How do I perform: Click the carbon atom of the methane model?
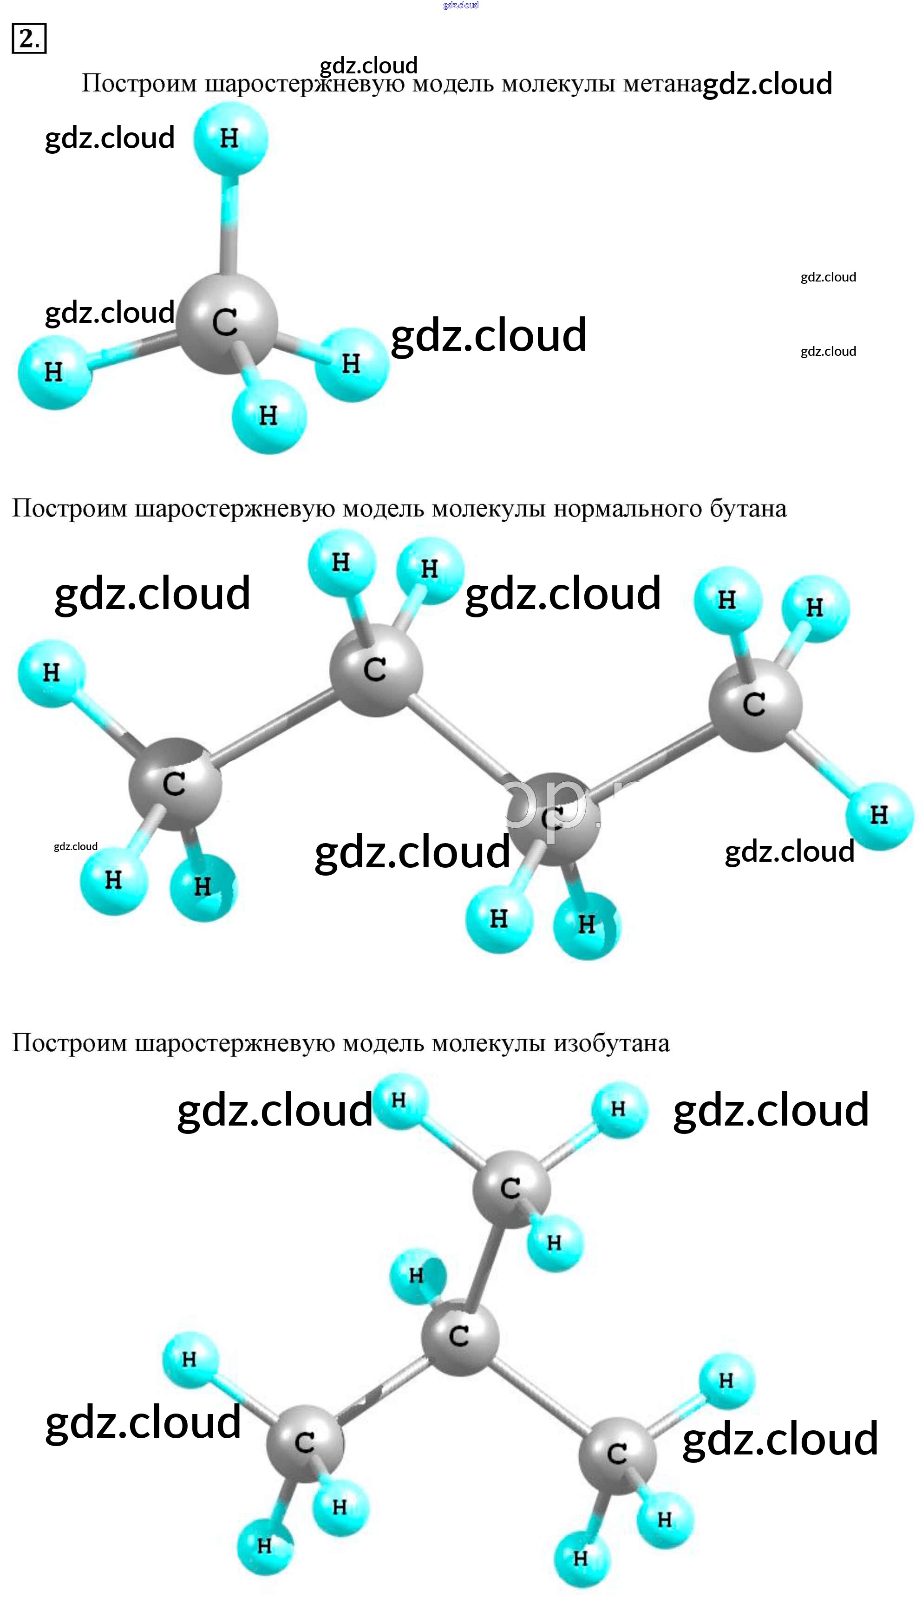coord(226,323)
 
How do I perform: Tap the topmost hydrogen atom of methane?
coord(230,138)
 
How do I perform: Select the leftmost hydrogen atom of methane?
coord(54,372)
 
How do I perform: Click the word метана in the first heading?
coord(662,83)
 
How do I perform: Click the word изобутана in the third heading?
coord(611,1043)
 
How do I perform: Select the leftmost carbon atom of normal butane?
coord(175,784)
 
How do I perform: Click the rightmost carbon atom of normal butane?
coord(755,705)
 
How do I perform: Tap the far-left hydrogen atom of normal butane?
coord(51,672)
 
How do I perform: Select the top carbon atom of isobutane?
coord(510,1189)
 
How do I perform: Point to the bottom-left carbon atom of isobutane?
coord(305,1443)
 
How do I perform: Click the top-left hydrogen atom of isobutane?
coord(399,1100)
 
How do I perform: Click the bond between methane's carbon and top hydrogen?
coord(229,228)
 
